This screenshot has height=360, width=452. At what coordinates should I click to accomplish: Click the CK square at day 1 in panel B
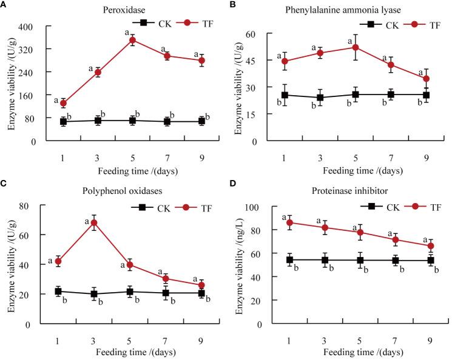[285, 95]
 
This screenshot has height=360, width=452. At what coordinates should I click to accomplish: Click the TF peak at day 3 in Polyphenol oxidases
[94, 222]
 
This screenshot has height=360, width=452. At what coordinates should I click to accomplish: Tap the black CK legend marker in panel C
[143, 207]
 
